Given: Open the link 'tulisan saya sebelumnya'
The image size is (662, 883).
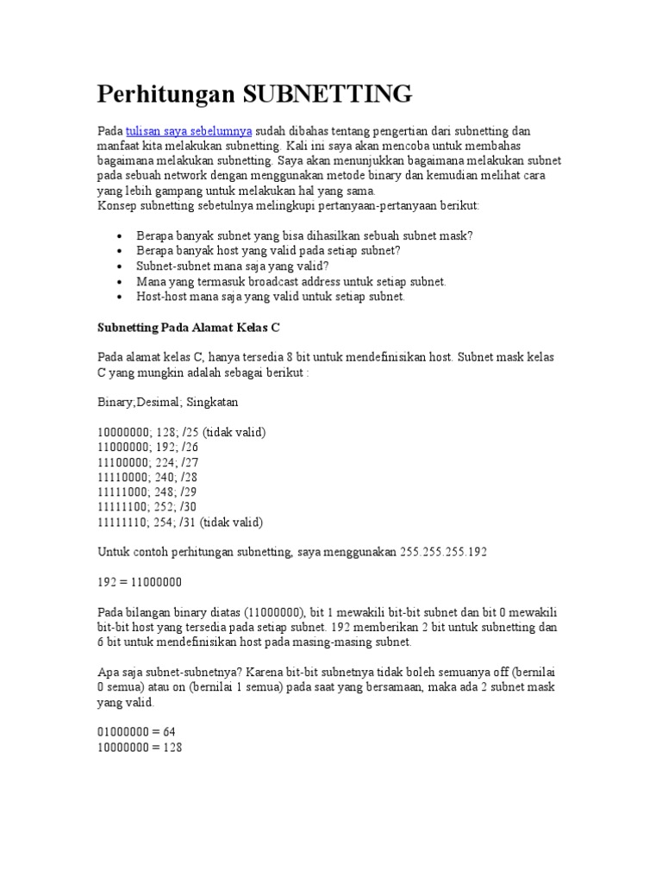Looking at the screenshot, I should click(189, 131).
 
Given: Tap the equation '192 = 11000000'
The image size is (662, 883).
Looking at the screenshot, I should click(139, 582).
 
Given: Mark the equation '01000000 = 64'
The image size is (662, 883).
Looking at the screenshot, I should click(136, 732).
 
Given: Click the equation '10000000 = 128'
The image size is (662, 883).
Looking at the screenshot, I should click(140, 747).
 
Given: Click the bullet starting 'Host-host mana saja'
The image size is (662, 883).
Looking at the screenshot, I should click(270, 297).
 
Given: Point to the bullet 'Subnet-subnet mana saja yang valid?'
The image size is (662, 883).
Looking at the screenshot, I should click(233, 266).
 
